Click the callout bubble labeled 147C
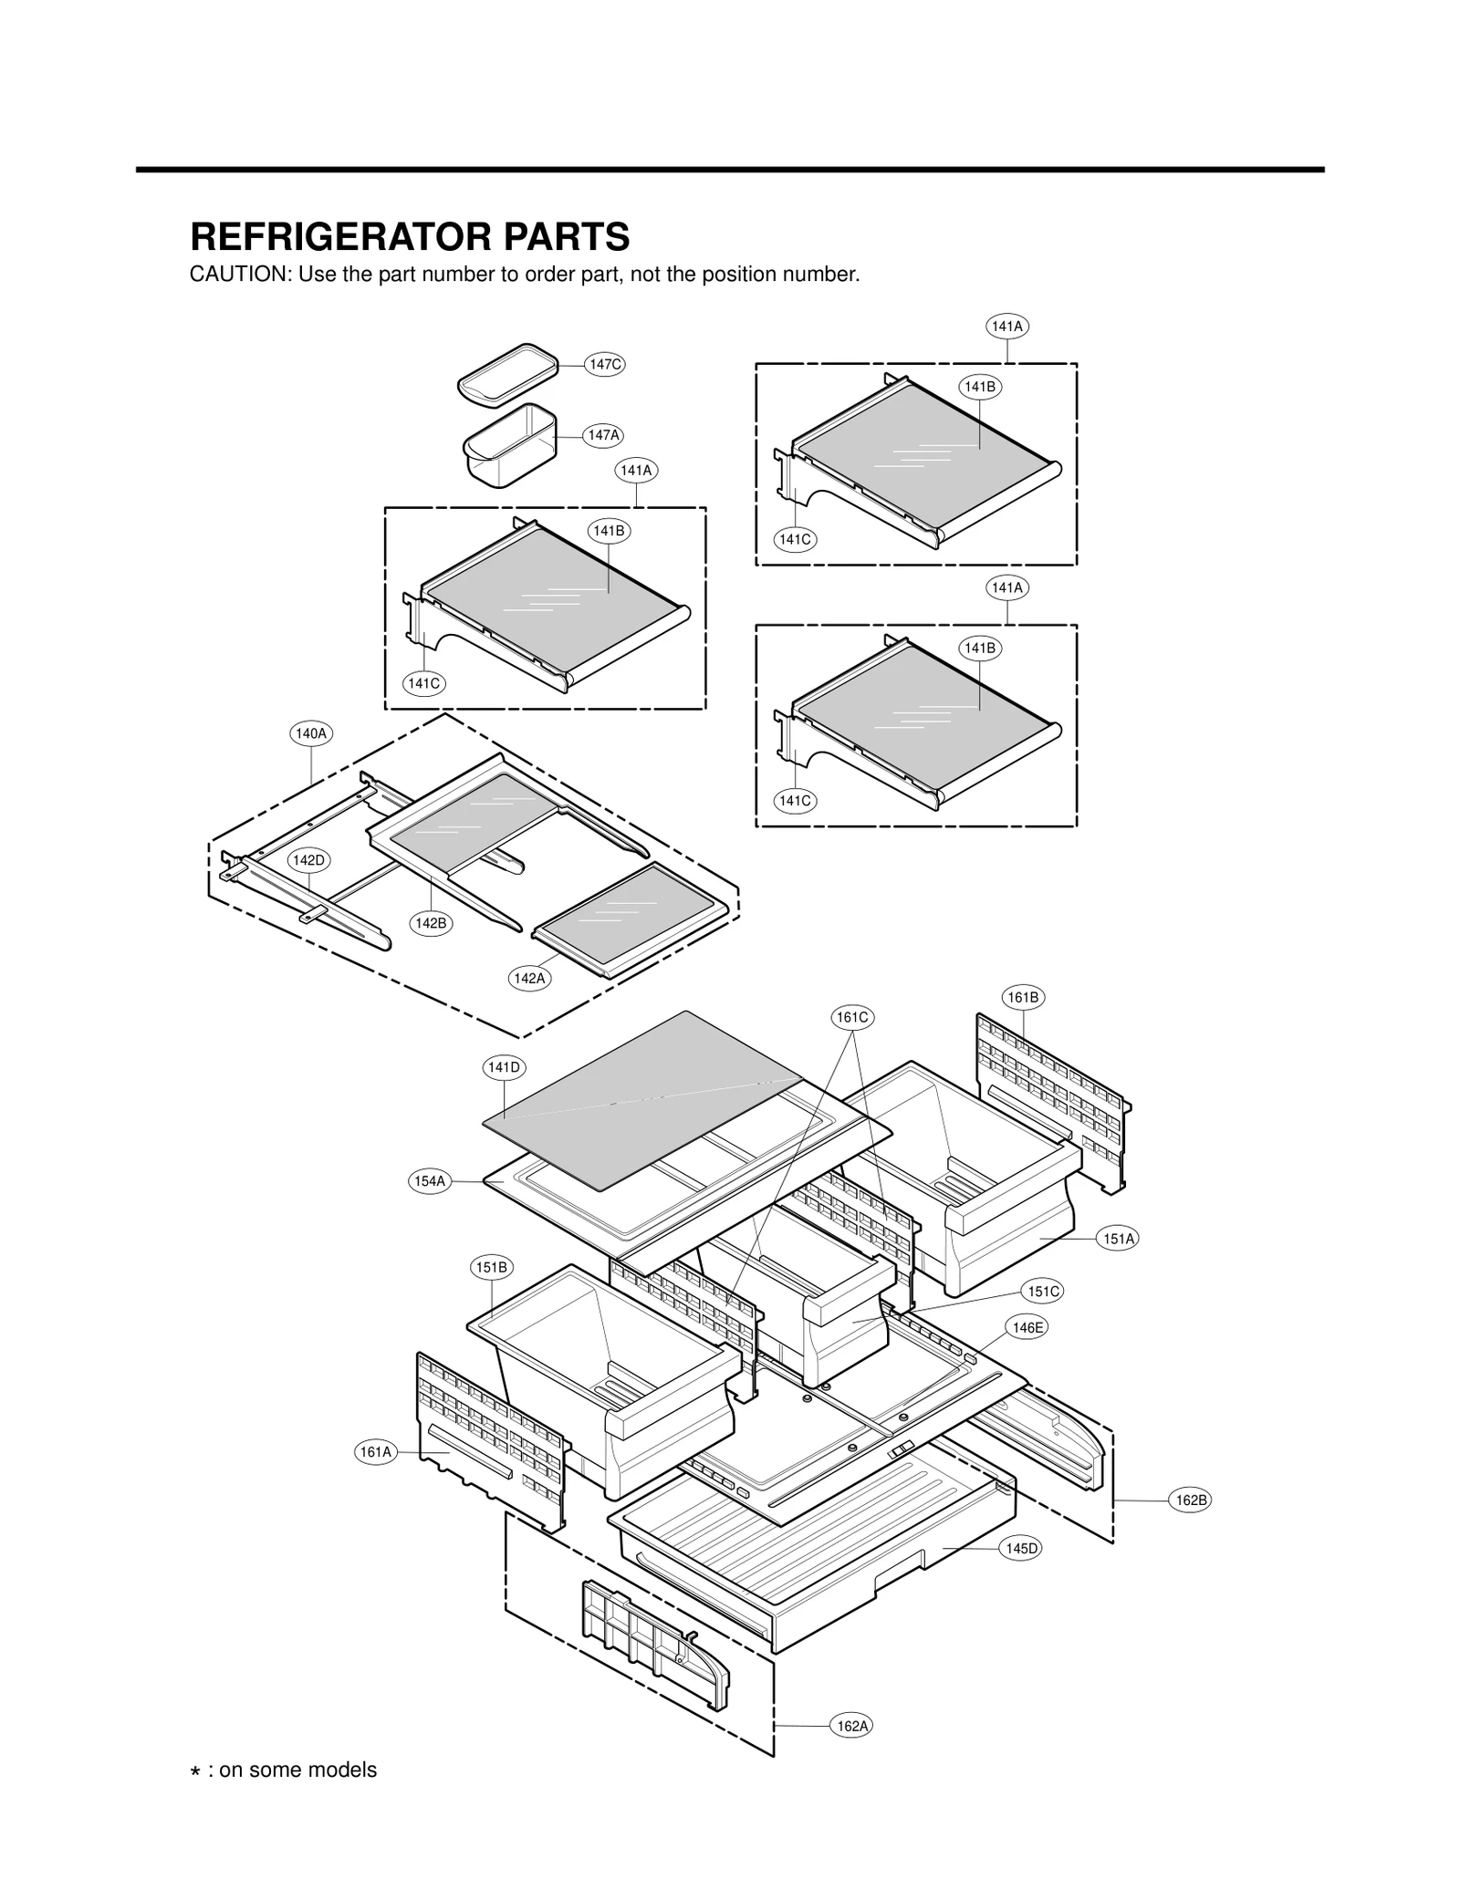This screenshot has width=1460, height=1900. pos(604,365)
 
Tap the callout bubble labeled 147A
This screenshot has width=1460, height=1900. pos(603,435)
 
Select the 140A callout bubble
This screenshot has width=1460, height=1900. pos(310,733)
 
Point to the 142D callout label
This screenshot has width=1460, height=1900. pos(308,860)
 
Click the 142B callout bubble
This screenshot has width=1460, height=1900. pos(431,923)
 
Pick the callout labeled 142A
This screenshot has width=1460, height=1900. pos(529,979)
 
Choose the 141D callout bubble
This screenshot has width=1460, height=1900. pos(504,1067)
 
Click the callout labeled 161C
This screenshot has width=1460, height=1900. pos(852,1017)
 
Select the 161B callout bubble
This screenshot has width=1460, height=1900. pos(1022,998)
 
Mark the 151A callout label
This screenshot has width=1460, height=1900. pos(1119,1239)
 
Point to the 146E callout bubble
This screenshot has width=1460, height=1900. pos(1027,1328)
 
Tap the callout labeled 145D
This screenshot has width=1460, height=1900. pos(1021,1548)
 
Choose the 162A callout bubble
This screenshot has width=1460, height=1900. pos(852,1726)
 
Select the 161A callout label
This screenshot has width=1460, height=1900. pos(375,1452)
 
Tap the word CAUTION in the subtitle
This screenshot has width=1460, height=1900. pos(239,275)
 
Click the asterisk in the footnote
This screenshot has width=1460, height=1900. pos(195,1771)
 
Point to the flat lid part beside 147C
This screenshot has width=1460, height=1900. pos(507,375)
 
